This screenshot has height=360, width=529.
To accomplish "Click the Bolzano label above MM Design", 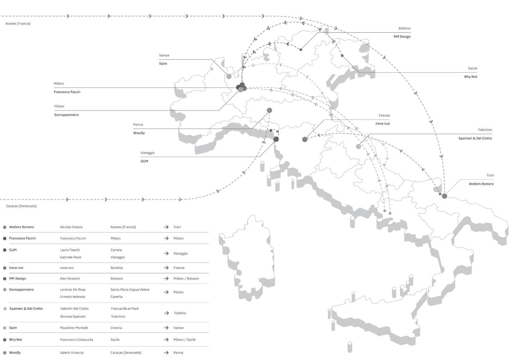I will (x=404, y=28).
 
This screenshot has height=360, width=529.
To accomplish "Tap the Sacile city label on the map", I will (x=472, y=68).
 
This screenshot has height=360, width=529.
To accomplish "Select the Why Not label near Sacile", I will (x=470, y=77).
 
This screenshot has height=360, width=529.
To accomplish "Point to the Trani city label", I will (x=490, y=176).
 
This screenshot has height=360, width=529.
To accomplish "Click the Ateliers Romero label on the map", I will (x=481, y=184).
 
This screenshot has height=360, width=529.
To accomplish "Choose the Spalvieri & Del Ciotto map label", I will (x=475, y=139).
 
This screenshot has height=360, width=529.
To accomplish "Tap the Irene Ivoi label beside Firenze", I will (x=382, y=124).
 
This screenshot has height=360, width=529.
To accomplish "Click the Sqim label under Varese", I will (x=163, y=64).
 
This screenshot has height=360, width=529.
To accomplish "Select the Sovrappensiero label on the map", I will (x=66, y=115).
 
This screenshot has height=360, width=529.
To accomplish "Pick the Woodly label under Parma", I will (x=139, y=133).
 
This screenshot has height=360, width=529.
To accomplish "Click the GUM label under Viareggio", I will (x=144, y=162).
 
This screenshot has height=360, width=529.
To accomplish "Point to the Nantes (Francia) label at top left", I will (x=18, y=24).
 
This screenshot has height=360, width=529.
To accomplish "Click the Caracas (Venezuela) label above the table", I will (x=21, y=206).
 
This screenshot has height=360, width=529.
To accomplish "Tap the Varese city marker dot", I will (x=229, y=76).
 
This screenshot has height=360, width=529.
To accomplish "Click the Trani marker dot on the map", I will (x=444, y=196).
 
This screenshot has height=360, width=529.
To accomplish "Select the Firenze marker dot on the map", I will (x=305, y=139).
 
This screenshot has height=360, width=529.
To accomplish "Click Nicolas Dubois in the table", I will (x=71, y=227).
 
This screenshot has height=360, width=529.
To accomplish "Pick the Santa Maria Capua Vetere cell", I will (x=130, y=290).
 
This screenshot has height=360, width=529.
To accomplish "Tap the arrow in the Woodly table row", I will (x=166, y=353).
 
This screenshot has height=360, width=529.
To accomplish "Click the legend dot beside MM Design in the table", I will (x=5, y=279).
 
